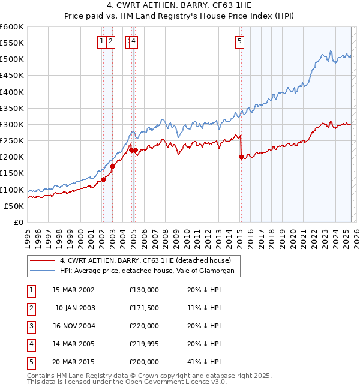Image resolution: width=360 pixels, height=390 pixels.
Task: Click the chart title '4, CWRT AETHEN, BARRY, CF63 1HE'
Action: pyautogui.click(x=179, y=8)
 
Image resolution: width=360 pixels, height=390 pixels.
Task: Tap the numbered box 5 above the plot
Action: pyautogui.click(x=239, y=41)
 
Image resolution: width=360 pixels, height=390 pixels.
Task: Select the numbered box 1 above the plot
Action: pyautogui.click(x=102, y=41)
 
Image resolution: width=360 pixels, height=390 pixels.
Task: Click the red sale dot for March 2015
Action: pyautogui.click(x=241, y=157)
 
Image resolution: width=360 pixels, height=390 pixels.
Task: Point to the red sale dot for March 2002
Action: pyautogui.click(x=103, y=179)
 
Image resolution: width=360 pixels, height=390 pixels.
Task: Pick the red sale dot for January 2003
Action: pyautogui.click(x=112, y=166)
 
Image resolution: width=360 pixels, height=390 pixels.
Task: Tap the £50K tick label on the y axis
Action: pyautogui.click(x=14, y=206)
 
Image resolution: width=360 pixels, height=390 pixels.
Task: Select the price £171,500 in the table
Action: pyautogui.click(x=144, y=308)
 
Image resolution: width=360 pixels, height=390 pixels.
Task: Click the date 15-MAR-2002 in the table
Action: pyautogui.click(x=74, y=290)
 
